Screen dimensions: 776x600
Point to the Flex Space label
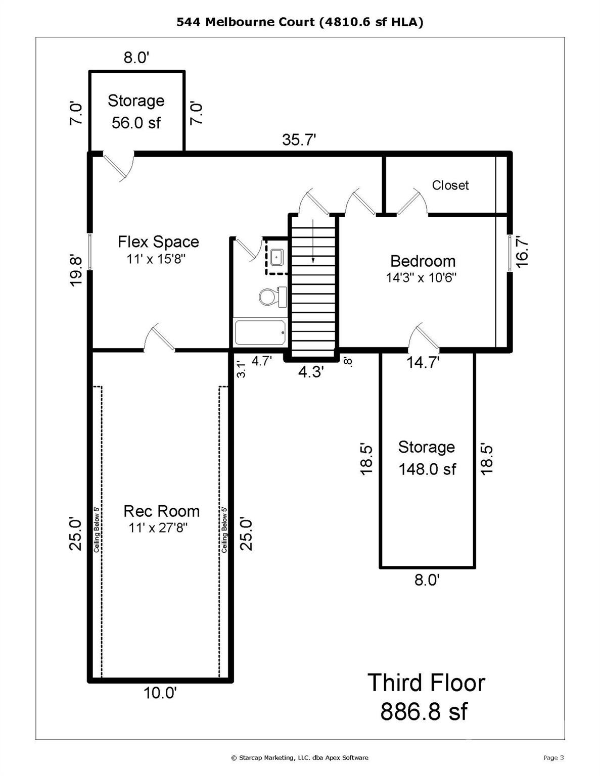click(158, 242)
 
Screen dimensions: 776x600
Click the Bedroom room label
click(423, 261)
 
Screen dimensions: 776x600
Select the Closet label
click(450, 185)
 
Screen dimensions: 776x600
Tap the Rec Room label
click(161, 511)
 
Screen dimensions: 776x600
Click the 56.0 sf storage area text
click(136, 122)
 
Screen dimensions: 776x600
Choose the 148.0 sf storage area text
click(427, 469)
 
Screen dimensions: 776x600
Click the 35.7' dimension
click(299, 140)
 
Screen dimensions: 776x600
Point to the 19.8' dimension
click(75, 271)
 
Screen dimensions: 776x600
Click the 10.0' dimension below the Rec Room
click(160, 693)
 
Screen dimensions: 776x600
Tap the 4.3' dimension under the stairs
click(310, 372)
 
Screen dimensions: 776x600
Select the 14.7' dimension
click(423, 362)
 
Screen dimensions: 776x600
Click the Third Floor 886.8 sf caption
click(426, 697)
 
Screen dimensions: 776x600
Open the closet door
click(412, 203)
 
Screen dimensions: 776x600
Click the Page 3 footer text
click(553, 757)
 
